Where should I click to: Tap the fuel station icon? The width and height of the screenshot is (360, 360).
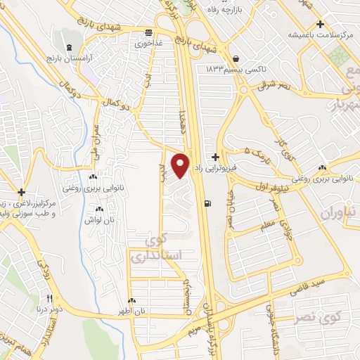(x=207, y=205)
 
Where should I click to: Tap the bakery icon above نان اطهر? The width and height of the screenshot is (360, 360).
(x=131, y=301)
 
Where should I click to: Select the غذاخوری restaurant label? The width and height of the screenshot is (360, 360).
(x=149, y=42)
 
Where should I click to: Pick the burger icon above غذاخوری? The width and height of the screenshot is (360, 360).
(x=148, y=32)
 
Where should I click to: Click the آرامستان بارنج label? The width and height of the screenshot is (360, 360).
(x=65, y=54)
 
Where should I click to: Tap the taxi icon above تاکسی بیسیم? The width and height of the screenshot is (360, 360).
(x=235, y=58)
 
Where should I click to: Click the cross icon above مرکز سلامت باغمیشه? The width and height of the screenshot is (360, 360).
(x=321, y=24)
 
